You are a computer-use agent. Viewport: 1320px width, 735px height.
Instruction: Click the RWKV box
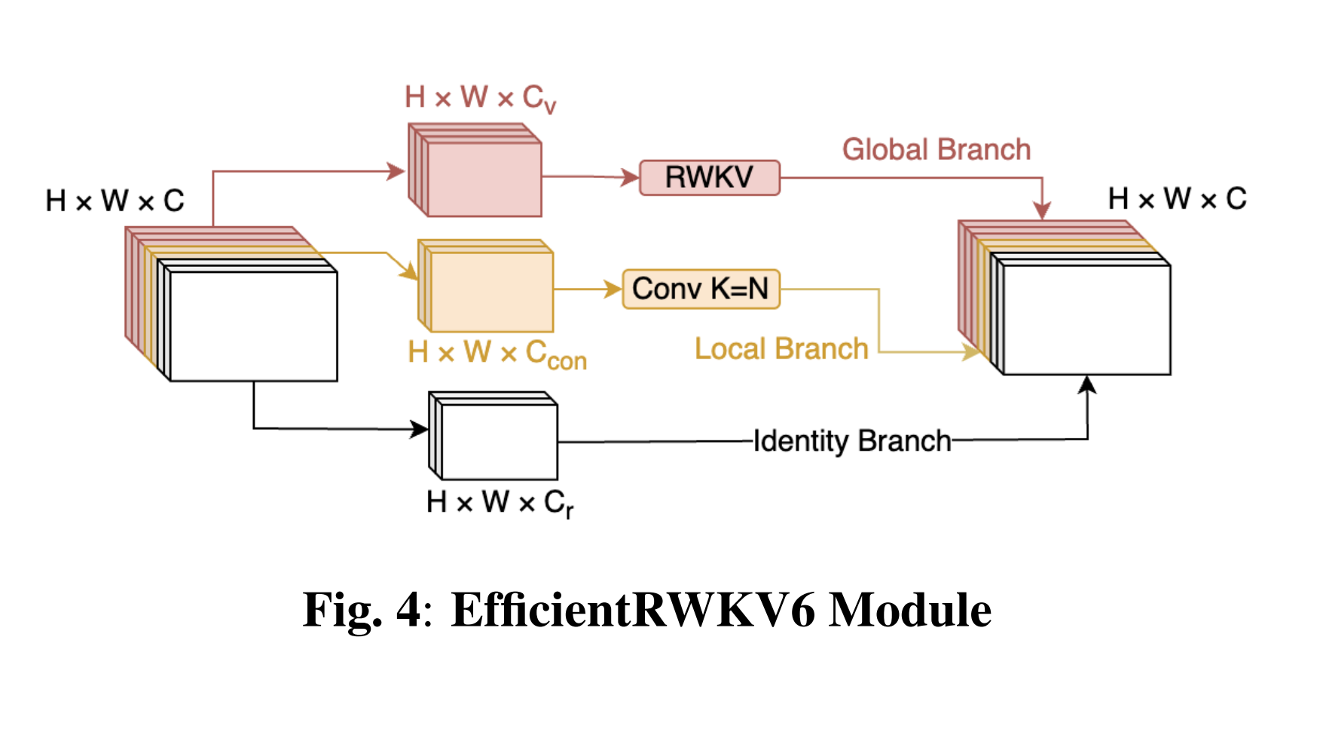(709, 178)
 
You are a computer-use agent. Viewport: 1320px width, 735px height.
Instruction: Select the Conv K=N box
(701, 289)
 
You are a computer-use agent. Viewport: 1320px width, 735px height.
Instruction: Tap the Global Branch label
(936, 149)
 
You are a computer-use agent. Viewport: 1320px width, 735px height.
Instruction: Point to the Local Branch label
(781, 349)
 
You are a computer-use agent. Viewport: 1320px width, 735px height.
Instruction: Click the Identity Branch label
(852, 441)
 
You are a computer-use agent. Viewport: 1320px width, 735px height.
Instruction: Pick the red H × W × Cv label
(480, 98)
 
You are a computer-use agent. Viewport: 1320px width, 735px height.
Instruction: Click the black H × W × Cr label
(500, 503)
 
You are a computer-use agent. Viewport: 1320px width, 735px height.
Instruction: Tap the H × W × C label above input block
(115, 201)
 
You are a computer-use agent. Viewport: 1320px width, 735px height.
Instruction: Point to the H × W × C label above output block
(1177, 199)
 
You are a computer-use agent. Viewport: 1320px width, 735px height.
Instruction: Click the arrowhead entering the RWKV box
(631, 178)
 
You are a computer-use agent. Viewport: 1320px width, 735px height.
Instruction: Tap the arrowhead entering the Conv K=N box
(613, 289)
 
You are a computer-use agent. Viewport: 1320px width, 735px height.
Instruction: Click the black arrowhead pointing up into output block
(1086, 385)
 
